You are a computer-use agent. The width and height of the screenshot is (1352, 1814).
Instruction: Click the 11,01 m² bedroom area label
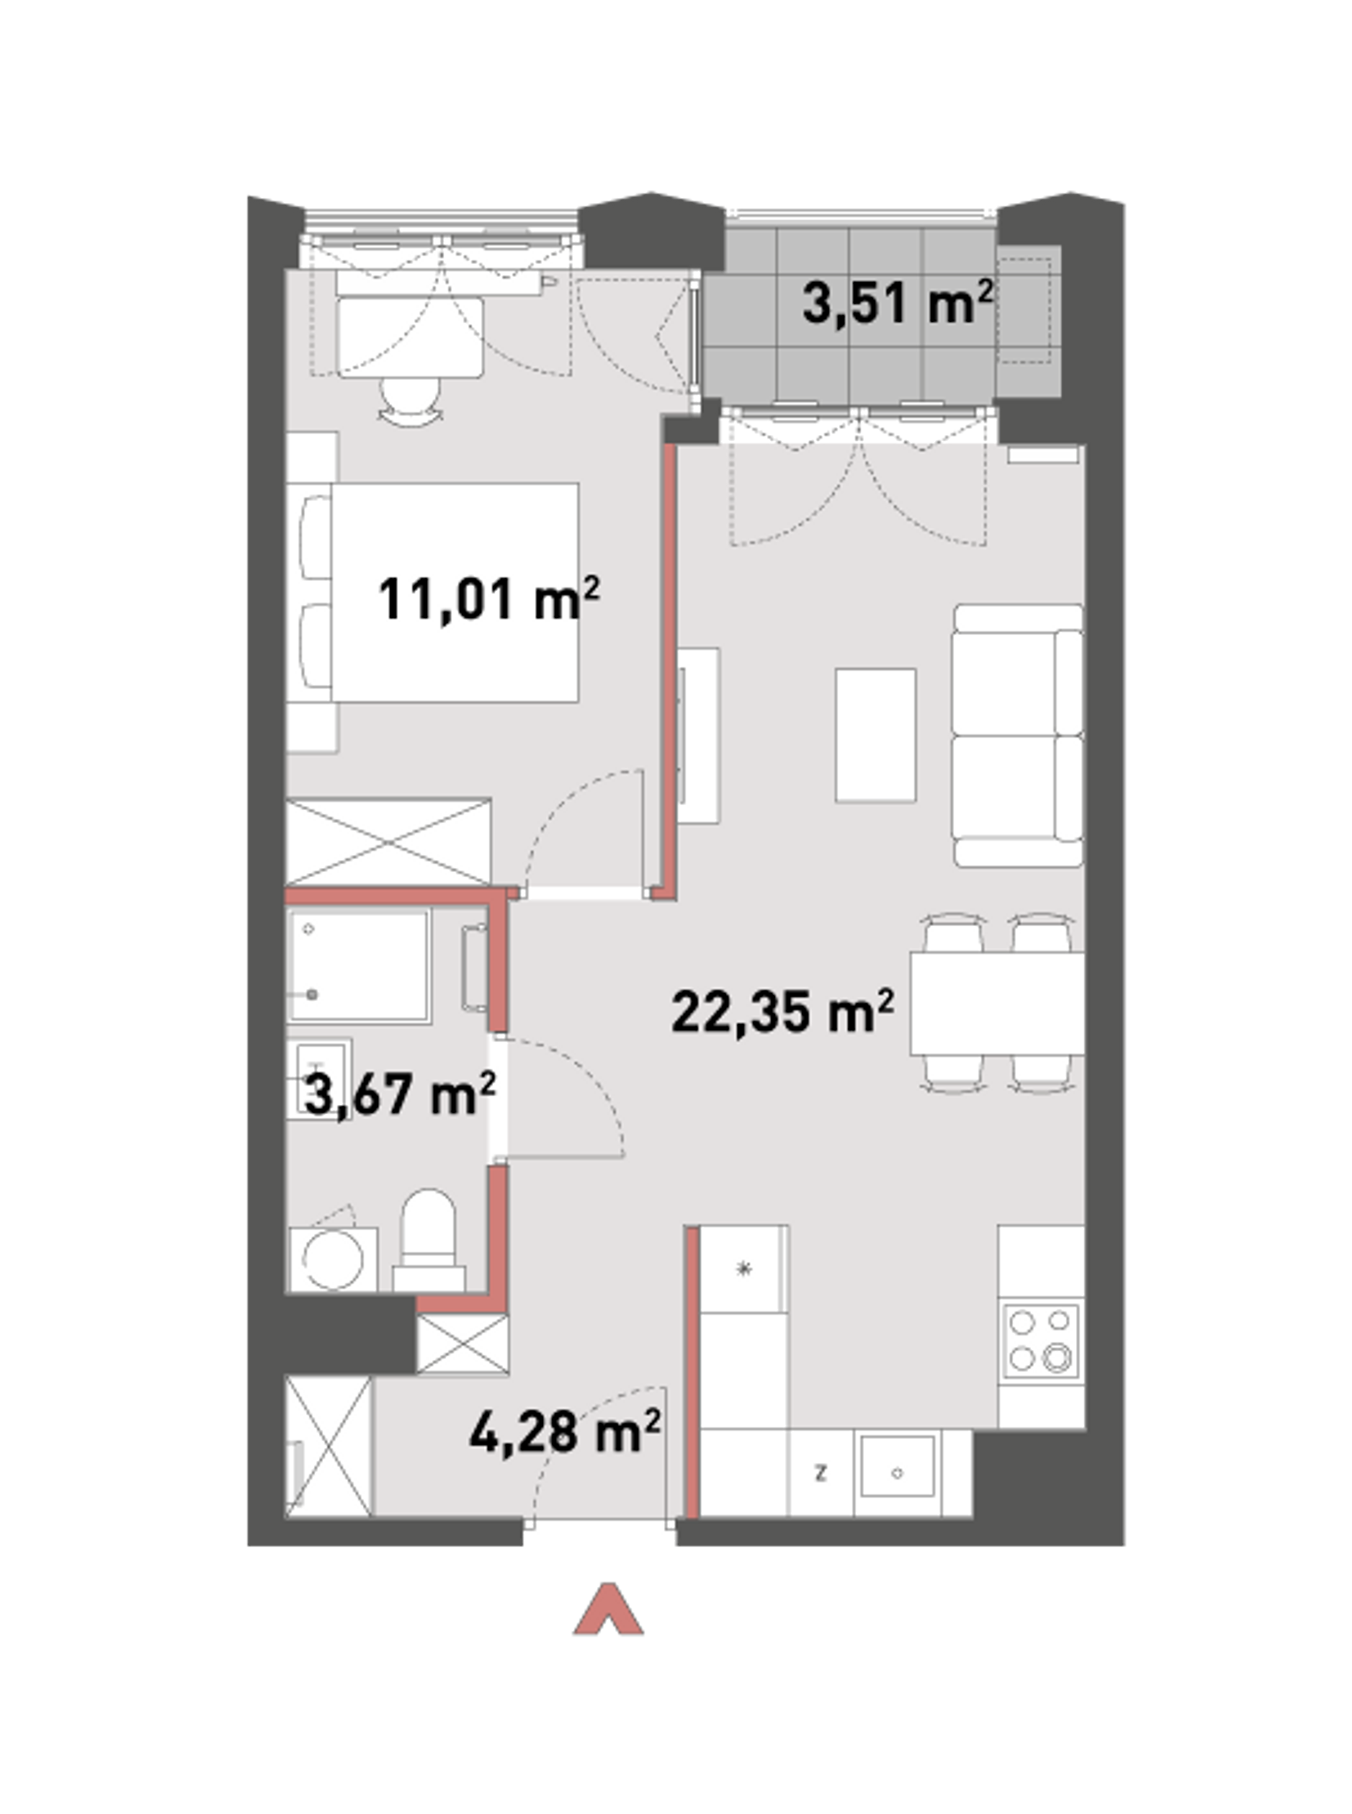489,599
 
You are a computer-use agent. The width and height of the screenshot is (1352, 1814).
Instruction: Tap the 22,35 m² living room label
783,1012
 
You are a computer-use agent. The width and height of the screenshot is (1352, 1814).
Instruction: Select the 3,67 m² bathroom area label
399,1094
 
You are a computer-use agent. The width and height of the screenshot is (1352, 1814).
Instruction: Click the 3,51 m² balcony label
898,302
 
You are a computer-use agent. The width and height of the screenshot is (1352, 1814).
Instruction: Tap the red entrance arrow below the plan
608,1610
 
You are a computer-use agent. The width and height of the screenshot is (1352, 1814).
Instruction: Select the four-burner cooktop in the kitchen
1040,1341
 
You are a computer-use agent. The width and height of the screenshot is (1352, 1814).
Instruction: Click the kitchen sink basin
897,1473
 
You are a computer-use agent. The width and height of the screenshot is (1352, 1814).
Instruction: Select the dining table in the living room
997,1003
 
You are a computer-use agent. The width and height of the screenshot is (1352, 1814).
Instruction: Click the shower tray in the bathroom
359,965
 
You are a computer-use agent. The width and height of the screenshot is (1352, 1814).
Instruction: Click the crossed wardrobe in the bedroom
388,842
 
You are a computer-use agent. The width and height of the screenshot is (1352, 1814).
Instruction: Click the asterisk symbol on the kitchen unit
744,1269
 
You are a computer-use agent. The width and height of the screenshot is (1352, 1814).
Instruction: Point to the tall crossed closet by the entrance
328,1447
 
